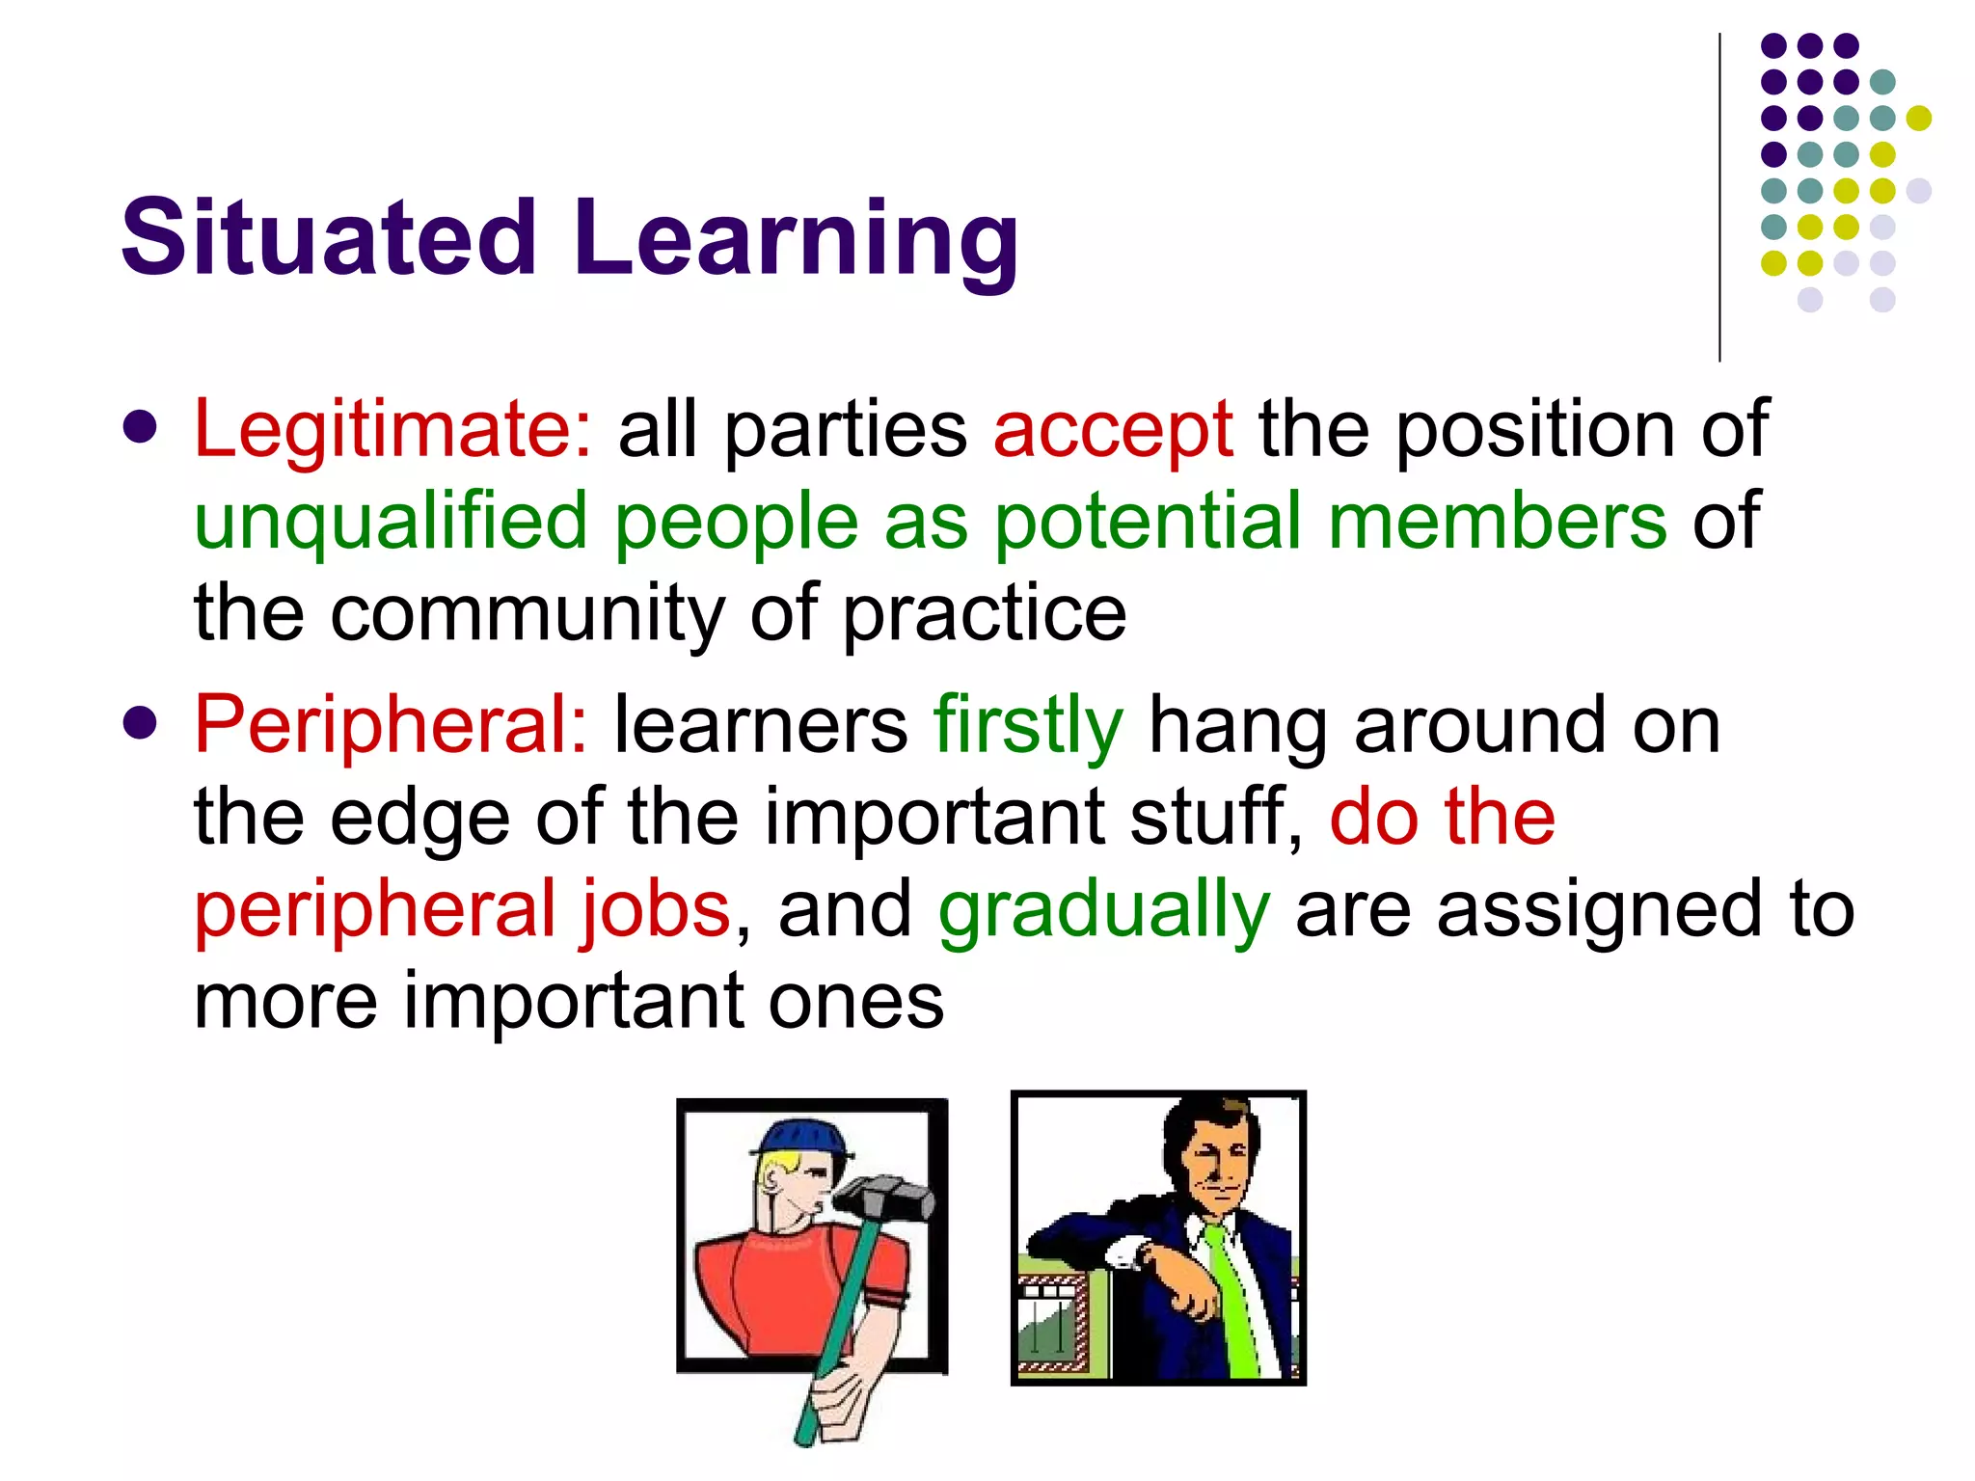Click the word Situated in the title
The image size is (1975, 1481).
329,237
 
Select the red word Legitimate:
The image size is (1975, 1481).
393,428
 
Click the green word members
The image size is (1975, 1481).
1497,521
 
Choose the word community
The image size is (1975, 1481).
527,613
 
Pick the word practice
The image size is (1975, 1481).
984,615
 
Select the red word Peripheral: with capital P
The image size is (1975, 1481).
391,725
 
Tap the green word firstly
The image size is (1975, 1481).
1028,725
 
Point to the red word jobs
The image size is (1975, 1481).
656,910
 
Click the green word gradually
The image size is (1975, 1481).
1104,910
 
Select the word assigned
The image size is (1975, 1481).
1601,910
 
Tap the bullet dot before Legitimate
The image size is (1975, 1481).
141,427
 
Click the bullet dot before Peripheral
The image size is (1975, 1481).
141,723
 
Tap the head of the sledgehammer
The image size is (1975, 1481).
883,1200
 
